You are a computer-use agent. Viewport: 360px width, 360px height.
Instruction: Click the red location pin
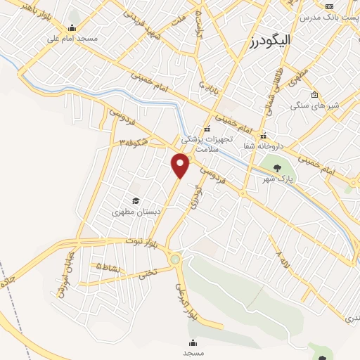tap(181, 165)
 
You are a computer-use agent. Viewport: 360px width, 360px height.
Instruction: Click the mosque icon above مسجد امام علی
tap(72, 29)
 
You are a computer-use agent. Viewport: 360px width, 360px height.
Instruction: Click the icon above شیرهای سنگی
tap(314, 95)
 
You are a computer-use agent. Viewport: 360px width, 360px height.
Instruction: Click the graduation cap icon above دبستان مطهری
tap(134, 200)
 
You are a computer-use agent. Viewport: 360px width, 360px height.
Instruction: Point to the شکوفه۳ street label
tap(134, 141)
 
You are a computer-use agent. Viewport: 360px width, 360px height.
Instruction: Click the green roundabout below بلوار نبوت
tap(175, 259)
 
